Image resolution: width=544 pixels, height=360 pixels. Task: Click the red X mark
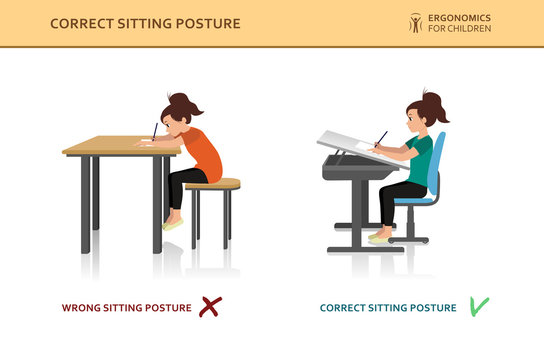(x=209, y=307)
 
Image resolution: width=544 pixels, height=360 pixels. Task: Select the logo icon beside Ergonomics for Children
(x=415, y=22)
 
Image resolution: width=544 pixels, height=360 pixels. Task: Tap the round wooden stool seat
(x=212, y=184)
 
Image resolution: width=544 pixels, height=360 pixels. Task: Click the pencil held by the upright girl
(x=381, y=138)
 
